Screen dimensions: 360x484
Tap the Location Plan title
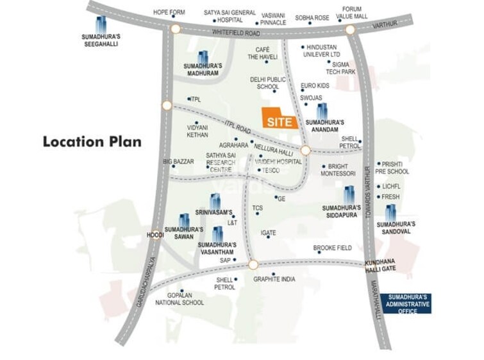coord(92,141)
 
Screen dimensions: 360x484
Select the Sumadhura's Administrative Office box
coord(405,304)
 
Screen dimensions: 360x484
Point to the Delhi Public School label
coord(268,83)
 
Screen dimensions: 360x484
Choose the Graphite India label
coord(274,279)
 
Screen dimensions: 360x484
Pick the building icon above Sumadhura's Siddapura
coord(349,194)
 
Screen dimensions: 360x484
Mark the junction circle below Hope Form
coord(175,29)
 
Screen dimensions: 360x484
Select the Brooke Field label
coord(333,248)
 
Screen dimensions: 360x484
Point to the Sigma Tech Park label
coord(340,68)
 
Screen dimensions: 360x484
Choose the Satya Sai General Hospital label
coord(229,16)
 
